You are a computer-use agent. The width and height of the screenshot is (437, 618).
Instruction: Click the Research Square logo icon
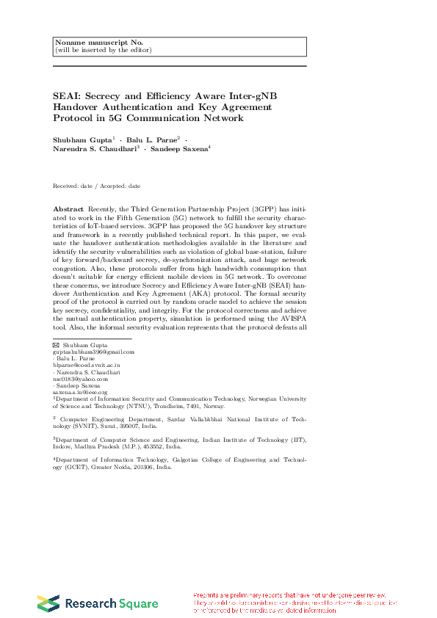pos(48,603)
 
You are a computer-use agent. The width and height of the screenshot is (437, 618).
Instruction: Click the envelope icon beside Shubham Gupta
pos(56,345)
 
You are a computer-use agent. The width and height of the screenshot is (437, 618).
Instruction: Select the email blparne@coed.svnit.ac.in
pos(86,365)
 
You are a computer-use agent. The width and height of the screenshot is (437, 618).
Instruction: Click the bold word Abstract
pos(68,209)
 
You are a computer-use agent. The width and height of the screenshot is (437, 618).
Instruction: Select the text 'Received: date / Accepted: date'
pos(96,186)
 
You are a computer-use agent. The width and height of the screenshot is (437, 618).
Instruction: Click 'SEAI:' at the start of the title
pos(67,96)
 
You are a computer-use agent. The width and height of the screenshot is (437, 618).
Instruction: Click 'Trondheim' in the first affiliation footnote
pos(172,405)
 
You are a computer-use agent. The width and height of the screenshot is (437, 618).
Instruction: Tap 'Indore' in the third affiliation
pos(65,446)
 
